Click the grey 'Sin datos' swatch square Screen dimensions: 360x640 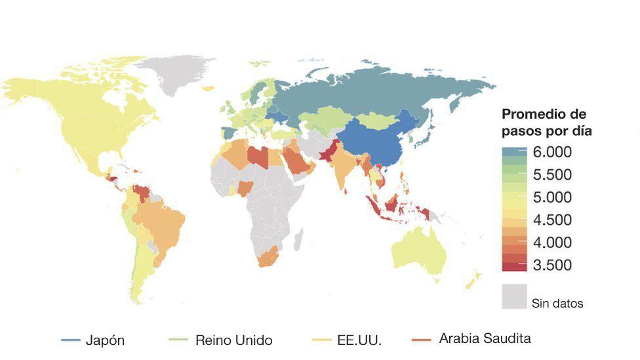coord(514,296)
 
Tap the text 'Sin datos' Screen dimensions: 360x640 coord(557,304)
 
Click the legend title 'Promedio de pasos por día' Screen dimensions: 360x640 coord(546,122)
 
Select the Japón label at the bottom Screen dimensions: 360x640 coord(105,340)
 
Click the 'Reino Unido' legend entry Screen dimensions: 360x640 coord(233,340)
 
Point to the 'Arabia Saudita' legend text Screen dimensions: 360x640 coord(485,339)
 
